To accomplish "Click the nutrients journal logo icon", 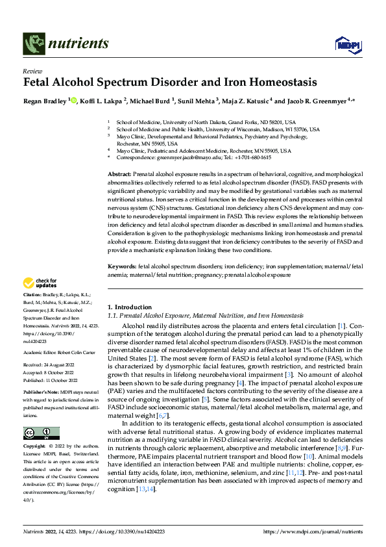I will point(33,44).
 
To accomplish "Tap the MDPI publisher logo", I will point(344,44).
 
